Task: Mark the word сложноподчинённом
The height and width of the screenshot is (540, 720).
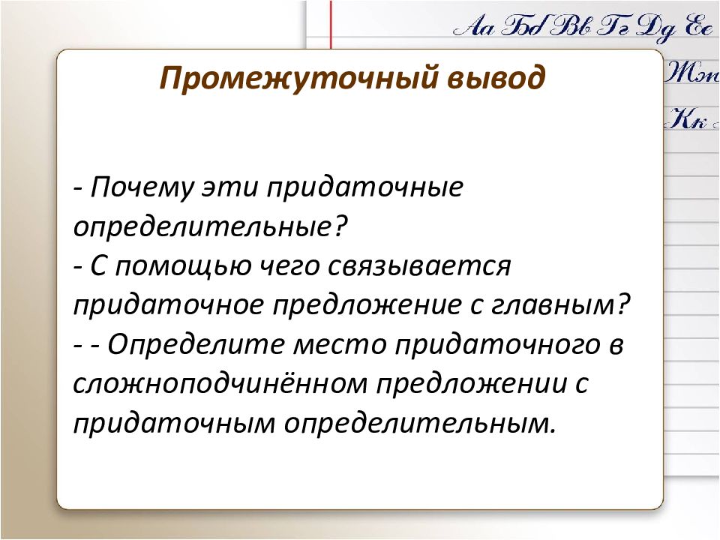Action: (x=220, y=384)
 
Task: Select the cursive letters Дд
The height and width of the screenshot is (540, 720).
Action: (x=657, y=27)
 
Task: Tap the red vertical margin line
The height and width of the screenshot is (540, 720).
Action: (x=331, y=24)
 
